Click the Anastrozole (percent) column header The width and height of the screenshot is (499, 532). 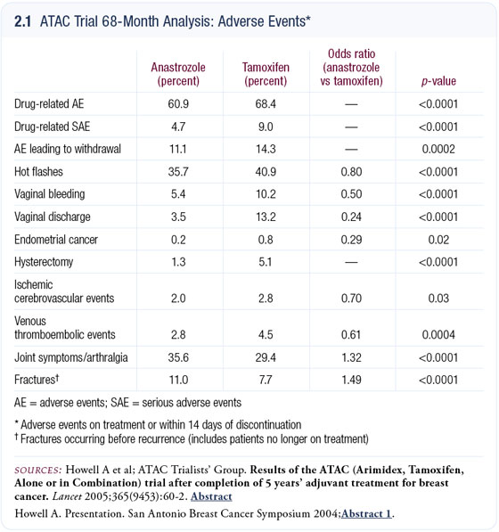pos(178,74)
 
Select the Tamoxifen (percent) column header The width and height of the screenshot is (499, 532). pos(266,74)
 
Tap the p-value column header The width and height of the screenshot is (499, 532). pos(438,81)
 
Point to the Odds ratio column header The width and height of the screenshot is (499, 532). pos(351,68)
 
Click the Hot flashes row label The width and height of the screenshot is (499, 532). pos(38,172)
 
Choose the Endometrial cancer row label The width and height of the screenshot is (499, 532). pos(56,240)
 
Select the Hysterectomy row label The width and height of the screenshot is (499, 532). pos(44,262)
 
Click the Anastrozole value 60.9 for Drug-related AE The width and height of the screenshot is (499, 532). pos(178,104)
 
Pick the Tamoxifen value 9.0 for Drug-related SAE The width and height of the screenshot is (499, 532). pos(266,127)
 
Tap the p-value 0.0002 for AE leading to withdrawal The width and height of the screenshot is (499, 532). pos(438,149)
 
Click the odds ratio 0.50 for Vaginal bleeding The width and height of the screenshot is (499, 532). pos(351,194)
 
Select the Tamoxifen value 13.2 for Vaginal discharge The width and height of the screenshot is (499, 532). pos(266,217)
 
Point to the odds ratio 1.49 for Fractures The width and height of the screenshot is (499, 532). pos(351,380)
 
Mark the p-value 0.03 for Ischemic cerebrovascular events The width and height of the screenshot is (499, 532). pos(438,299)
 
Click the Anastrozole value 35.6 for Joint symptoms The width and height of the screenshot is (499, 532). pos(178,357)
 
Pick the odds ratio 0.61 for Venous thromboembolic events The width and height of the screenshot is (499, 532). pos(351,334)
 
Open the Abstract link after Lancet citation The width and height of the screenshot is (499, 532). pos(211,496)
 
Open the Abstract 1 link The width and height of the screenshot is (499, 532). pos(366,513)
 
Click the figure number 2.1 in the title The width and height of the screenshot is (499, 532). pos(22,21)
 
